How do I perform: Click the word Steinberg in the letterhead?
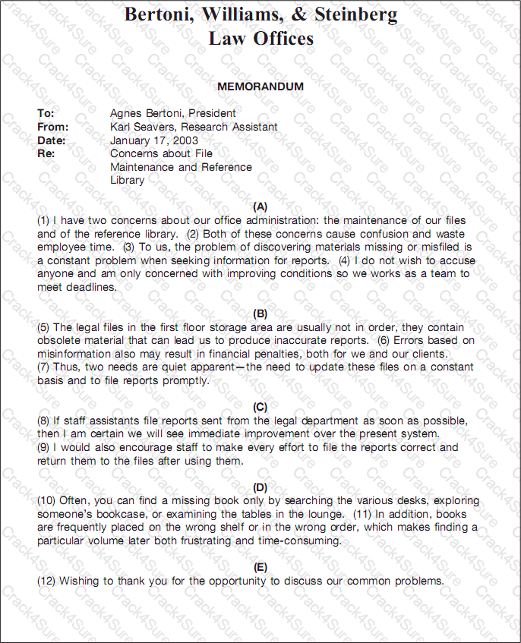pyautogui.click(x=349, y=14)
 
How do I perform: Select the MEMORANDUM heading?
pyautogui.click(x=260, y=87)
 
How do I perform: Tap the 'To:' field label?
pyautogui.click(x=46, y=113)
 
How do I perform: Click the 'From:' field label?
pyautogui.click(x=53, y=127)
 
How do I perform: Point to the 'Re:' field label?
pyautogui.click(x=46, y=153)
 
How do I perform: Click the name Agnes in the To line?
pyautogui.click(x=127, y=113)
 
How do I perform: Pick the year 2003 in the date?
pyautogui.click(x=185, y=140)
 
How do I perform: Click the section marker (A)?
pyautogui.click(x=260, y=206)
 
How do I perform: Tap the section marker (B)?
pyautogui.click(x=260, y=314)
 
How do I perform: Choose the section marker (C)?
pyautogui.click(x=260, y=407)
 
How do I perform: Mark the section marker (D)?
pyautogui.click(x=260, y=487)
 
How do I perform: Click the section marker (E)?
pyautogui.click(x=260, y=567)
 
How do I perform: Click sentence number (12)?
pyautogui.click(x=47, y=581)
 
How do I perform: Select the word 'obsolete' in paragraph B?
pyautogui.click(x=59, y=340)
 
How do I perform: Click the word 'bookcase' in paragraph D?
pyautogui.click(x=119, y=514)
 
